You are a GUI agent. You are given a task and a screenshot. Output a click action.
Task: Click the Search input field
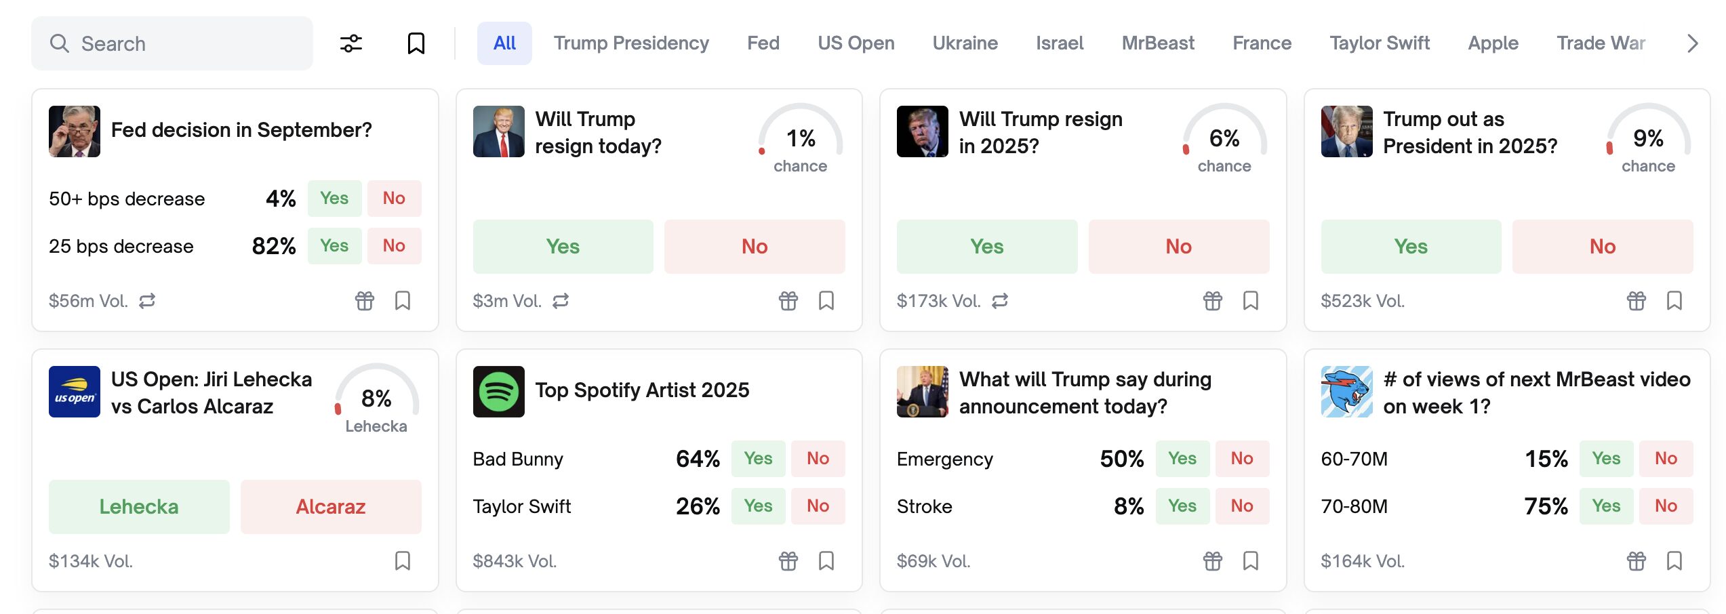[172, 43]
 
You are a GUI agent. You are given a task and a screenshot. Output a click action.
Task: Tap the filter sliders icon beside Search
[351, 43]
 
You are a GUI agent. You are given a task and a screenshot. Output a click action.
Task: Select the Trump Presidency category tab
[630, 43]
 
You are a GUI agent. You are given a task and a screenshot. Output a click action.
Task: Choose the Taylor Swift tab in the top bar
[1379, 43]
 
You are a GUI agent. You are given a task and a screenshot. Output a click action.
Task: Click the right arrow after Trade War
[1692, 43]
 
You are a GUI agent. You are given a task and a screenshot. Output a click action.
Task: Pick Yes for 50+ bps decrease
[334, 199]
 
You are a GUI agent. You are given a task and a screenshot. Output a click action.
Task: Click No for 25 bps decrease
[394, 246]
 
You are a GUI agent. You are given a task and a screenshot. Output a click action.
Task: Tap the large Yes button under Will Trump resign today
[563, 247]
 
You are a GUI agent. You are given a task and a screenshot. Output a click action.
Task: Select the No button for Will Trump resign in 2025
[1178, 247]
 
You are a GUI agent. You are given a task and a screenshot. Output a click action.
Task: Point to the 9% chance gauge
[1648, 140]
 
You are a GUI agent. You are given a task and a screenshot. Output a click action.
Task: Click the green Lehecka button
[139, 507]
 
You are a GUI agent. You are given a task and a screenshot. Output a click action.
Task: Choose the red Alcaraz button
[331, 507]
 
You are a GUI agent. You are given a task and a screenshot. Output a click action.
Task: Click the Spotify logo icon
[498, 392]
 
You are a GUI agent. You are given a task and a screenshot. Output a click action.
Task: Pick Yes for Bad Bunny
[758, 459]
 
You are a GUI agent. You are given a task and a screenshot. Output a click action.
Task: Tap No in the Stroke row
[1241, 506]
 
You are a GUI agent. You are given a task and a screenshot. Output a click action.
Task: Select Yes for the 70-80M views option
[1606, 506]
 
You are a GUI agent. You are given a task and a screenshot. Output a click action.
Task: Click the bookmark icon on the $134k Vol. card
[403, 560]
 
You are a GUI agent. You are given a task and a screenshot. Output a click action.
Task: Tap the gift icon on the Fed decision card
[365, 300]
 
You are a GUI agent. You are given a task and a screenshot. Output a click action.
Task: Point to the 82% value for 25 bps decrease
[274, 246]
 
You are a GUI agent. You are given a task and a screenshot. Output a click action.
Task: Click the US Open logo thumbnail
[75, 392]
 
